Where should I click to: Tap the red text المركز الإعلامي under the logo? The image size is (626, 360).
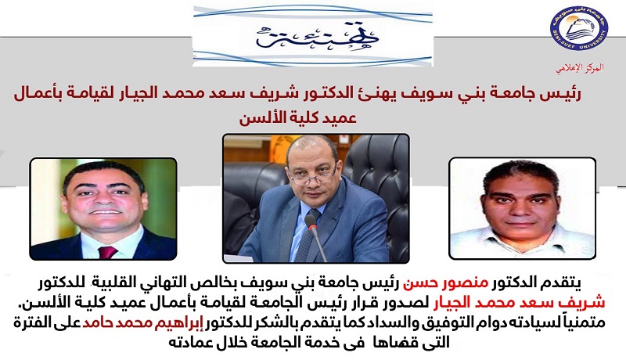click(x=580, y=68)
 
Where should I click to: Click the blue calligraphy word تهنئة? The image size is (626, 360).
click(x=318, y=36)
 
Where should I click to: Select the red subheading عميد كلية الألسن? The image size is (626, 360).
click(x=298, y=118)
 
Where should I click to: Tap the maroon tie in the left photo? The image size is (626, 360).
click(x=107, y=252)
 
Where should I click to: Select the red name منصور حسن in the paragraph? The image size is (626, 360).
click(x=444, y=283)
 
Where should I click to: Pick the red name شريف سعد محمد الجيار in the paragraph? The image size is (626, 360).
click(x=518, y=303)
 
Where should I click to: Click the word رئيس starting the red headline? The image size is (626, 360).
click(x=563, y=94)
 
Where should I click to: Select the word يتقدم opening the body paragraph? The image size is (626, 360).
click(x=560, y=283)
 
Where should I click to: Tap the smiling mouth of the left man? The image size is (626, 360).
click(x=104, y=211)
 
